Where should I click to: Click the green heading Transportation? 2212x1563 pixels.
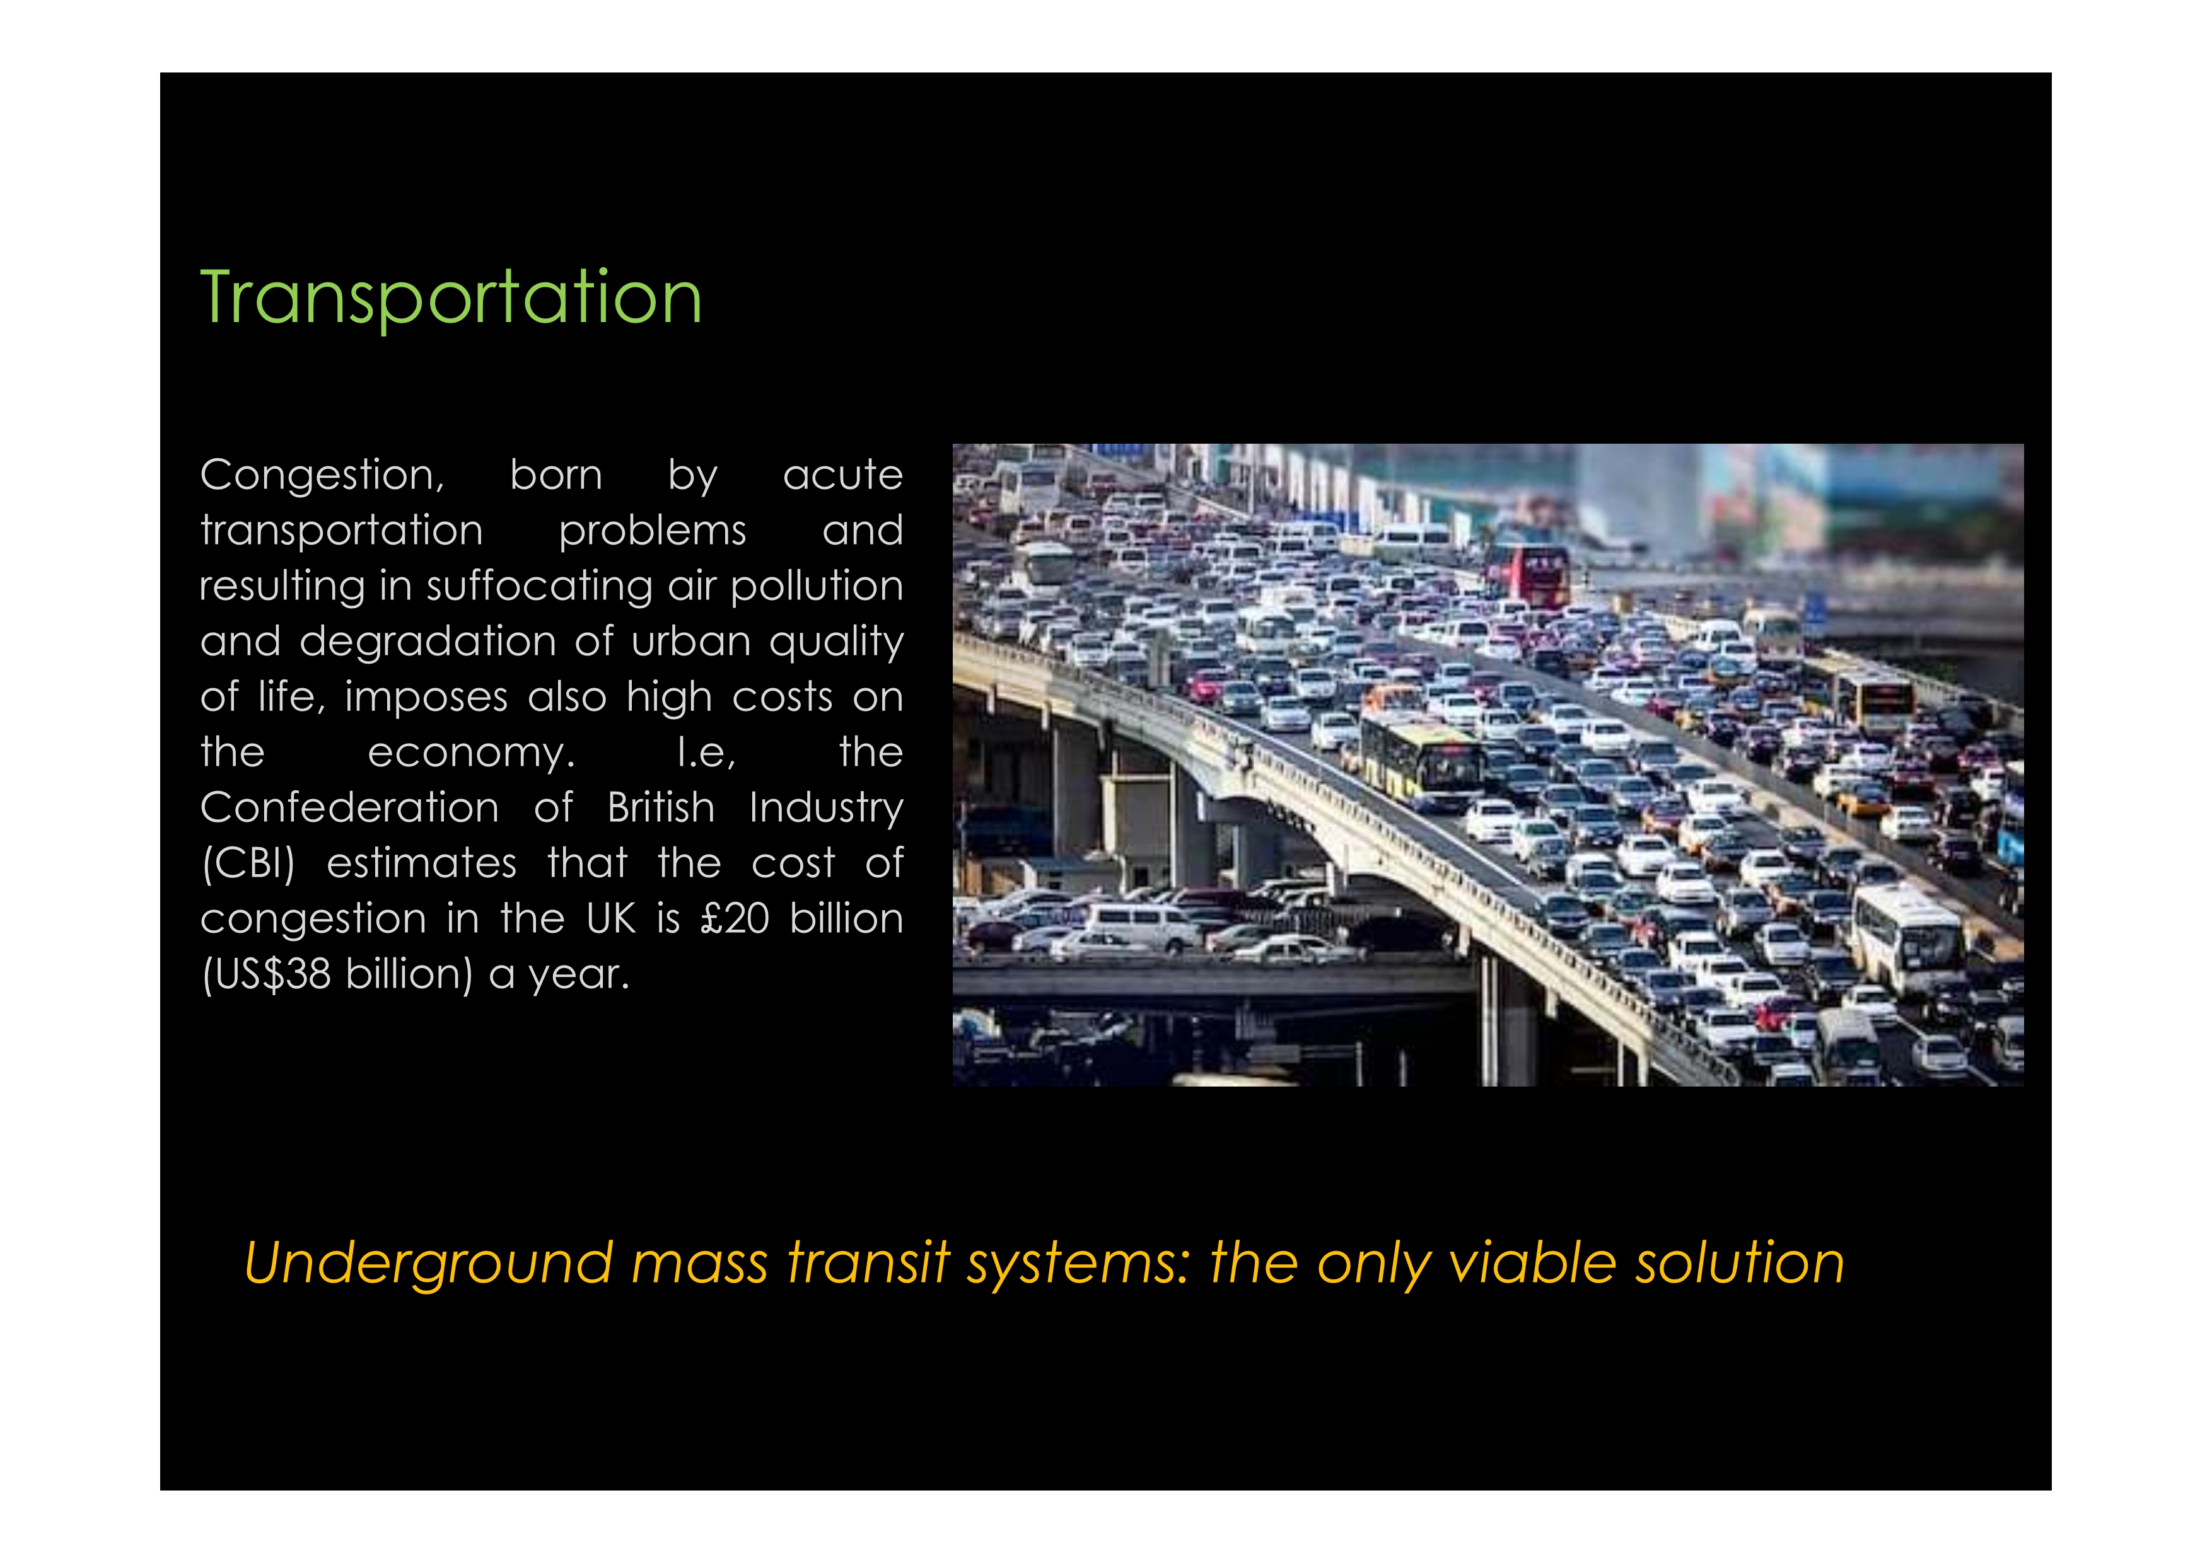[x=451, y=299]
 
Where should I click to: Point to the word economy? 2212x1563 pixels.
[x=471, y=753]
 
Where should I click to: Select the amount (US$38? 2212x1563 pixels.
[x=266, y=974]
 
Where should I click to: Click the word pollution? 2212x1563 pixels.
[x=817, y=587]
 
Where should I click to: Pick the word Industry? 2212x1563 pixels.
[x=827, y=809]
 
